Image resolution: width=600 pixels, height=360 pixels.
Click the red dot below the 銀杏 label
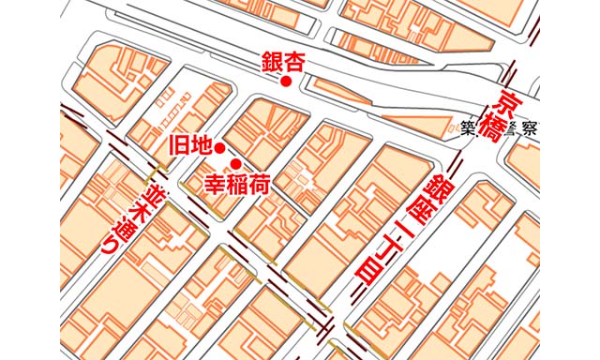tap(286, 82)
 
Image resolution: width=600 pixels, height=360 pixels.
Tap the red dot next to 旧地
tap(218, 148)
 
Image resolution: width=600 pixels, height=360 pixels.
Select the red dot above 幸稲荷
tap(236, 163)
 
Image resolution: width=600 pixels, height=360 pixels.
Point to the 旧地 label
tap(188, 145)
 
